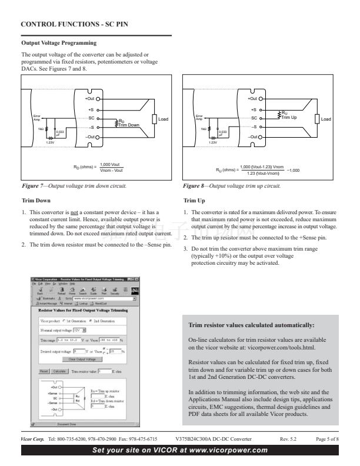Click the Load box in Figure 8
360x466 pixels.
(x=325, y=119)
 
